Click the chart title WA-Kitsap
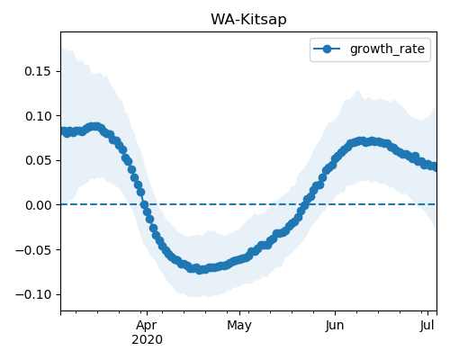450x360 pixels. tap(248, 20)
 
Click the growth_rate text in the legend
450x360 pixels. tap(387, 49)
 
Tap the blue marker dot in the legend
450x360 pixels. tap(327, 49)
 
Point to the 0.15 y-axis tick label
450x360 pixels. tap(38, 72)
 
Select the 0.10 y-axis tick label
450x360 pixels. tap(38, 116)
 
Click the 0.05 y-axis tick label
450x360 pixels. tap(38, 160)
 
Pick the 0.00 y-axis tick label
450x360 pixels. tap(38, 205)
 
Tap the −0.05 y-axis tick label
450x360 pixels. tap(33, 249)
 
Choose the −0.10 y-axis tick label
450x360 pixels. tap(33, 294)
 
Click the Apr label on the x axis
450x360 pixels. tap(147, 325)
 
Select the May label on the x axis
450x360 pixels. tap(239, 325)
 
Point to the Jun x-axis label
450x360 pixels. tap(335, 325)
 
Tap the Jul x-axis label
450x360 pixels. tap(427, 325)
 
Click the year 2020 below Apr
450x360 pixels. tap(147, 339)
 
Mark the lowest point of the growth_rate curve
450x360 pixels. tap(200, 270)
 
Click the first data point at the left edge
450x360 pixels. tap(64, 131)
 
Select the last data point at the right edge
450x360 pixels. tap(434, 166)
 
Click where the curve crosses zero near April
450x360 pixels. tap(144, 205)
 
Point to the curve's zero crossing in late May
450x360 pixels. tap(305, 204)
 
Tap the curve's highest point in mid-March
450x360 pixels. tap(95, 127)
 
